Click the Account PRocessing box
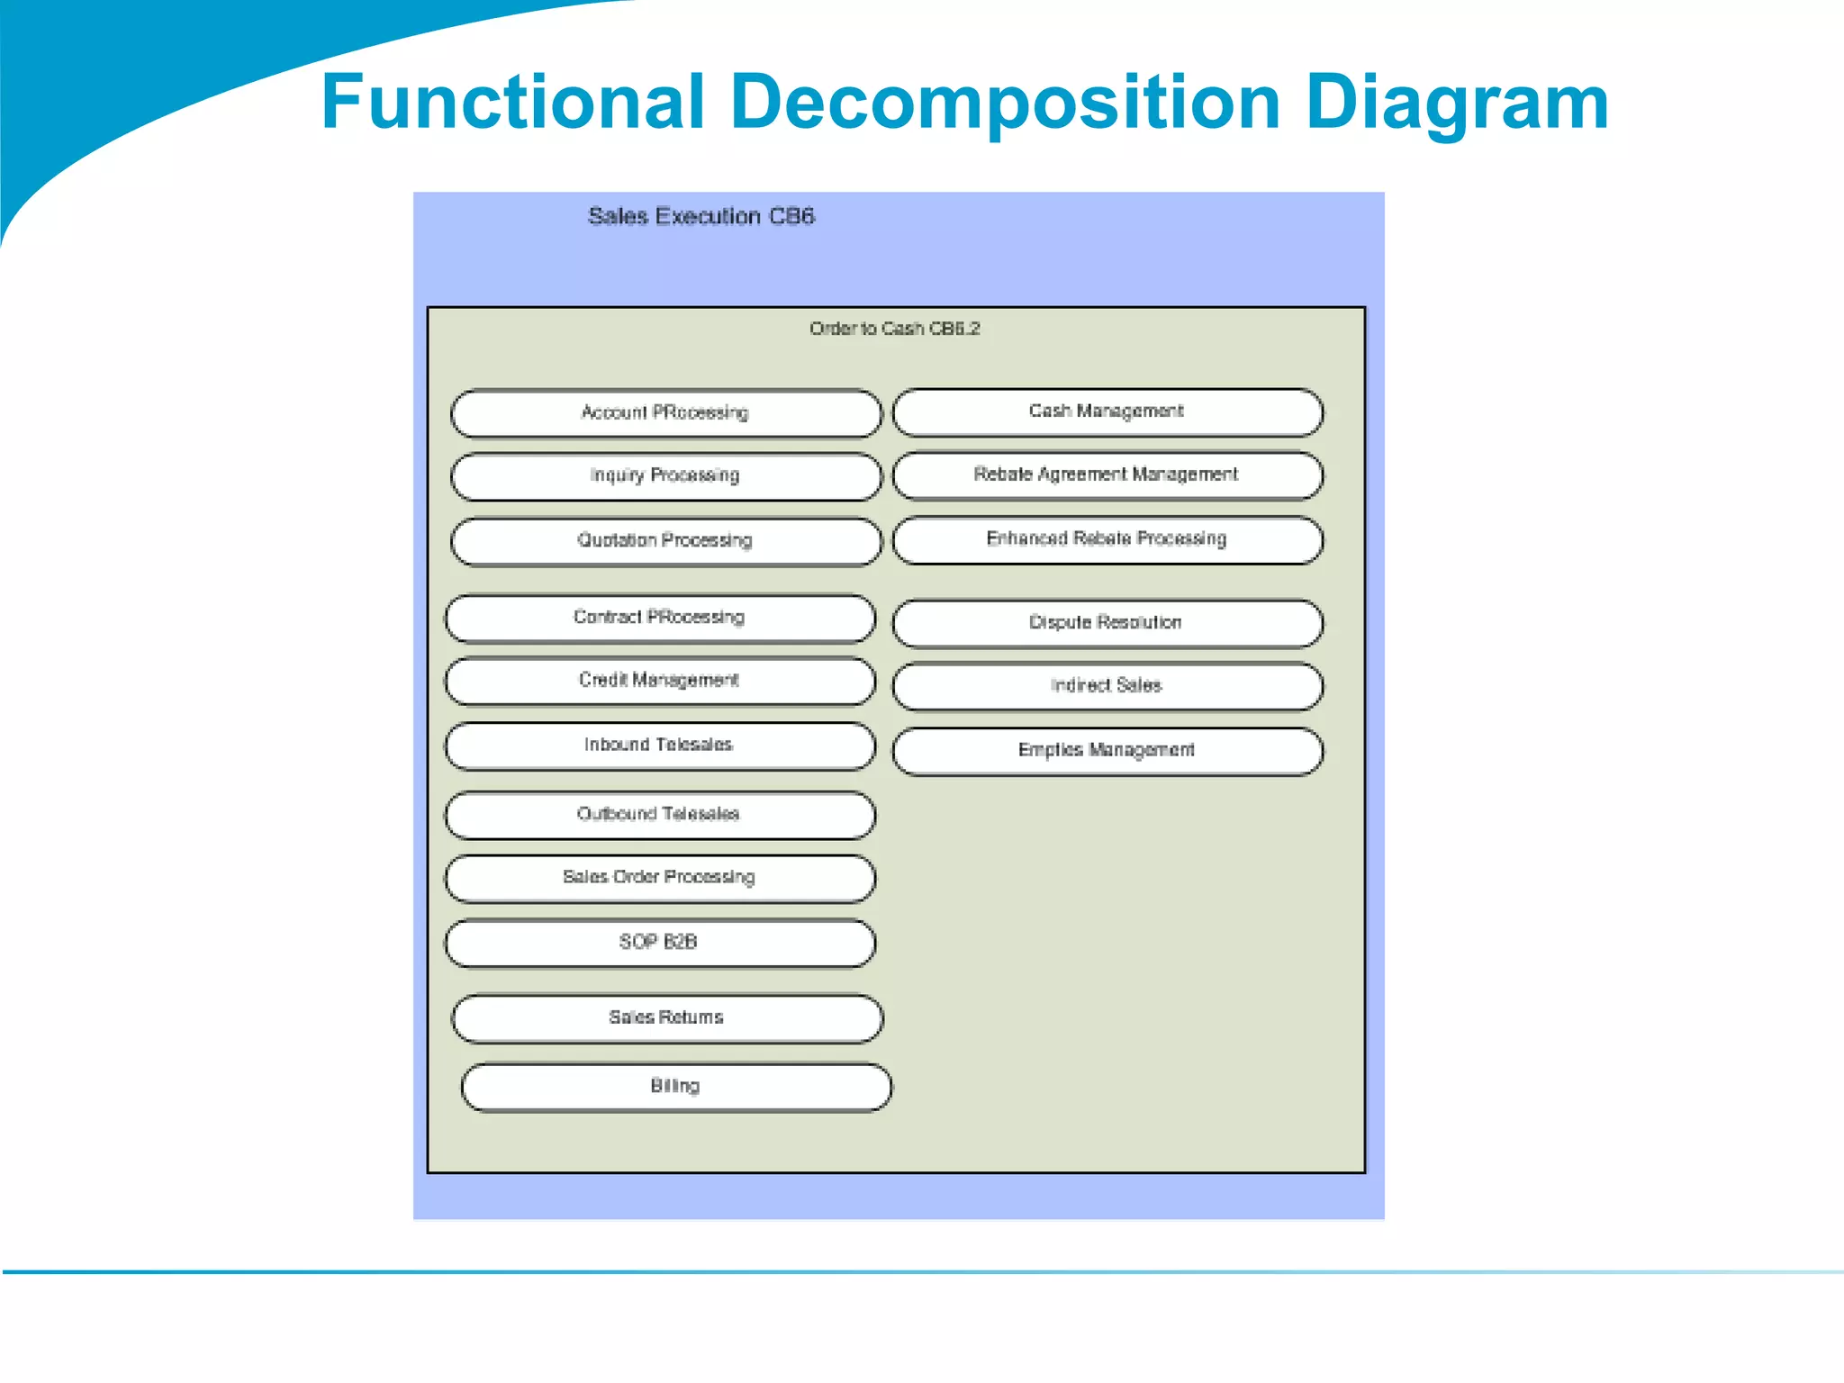pyautogui.click(x=665, y=413)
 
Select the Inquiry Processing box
pyautogui.click(x=665, y=476)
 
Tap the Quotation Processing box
pyautogui.click(x=665, y=541)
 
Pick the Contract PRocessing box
pyautogui.click(x=660, y=618)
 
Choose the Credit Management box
pyautogui.click(x=660, y=681)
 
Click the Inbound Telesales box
pyautogui.click(x=660, y=746)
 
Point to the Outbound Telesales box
pyautogui.click(x=660, y=815)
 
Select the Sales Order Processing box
pyautogui.click(x=660, y=878)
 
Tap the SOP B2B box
pyautogui.click(x=660, y=943)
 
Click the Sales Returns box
pyautogui.click(x=667, y=1018)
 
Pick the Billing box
pyautogui.click(x=676, y=1087)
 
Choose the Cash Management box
pyautogui.click(x=1107, y=412)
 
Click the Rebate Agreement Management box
pyautogui.click(x=1107, y=475)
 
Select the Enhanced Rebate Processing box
pyautogui.click(x=1107, y=539)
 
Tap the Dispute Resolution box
pyautogui.click(x=1107, y=623)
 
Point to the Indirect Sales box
pyautogui.click(x=1107, y=686)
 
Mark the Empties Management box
pyautogui.click(x=1107, y=751)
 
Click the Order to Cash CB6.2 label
pyautogui.click(x=894, y=329)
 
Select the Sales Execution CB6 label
pyautogui.click(x=701, y=216)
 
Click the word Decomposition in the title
pyautogui.click(x=1006, y=102)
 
